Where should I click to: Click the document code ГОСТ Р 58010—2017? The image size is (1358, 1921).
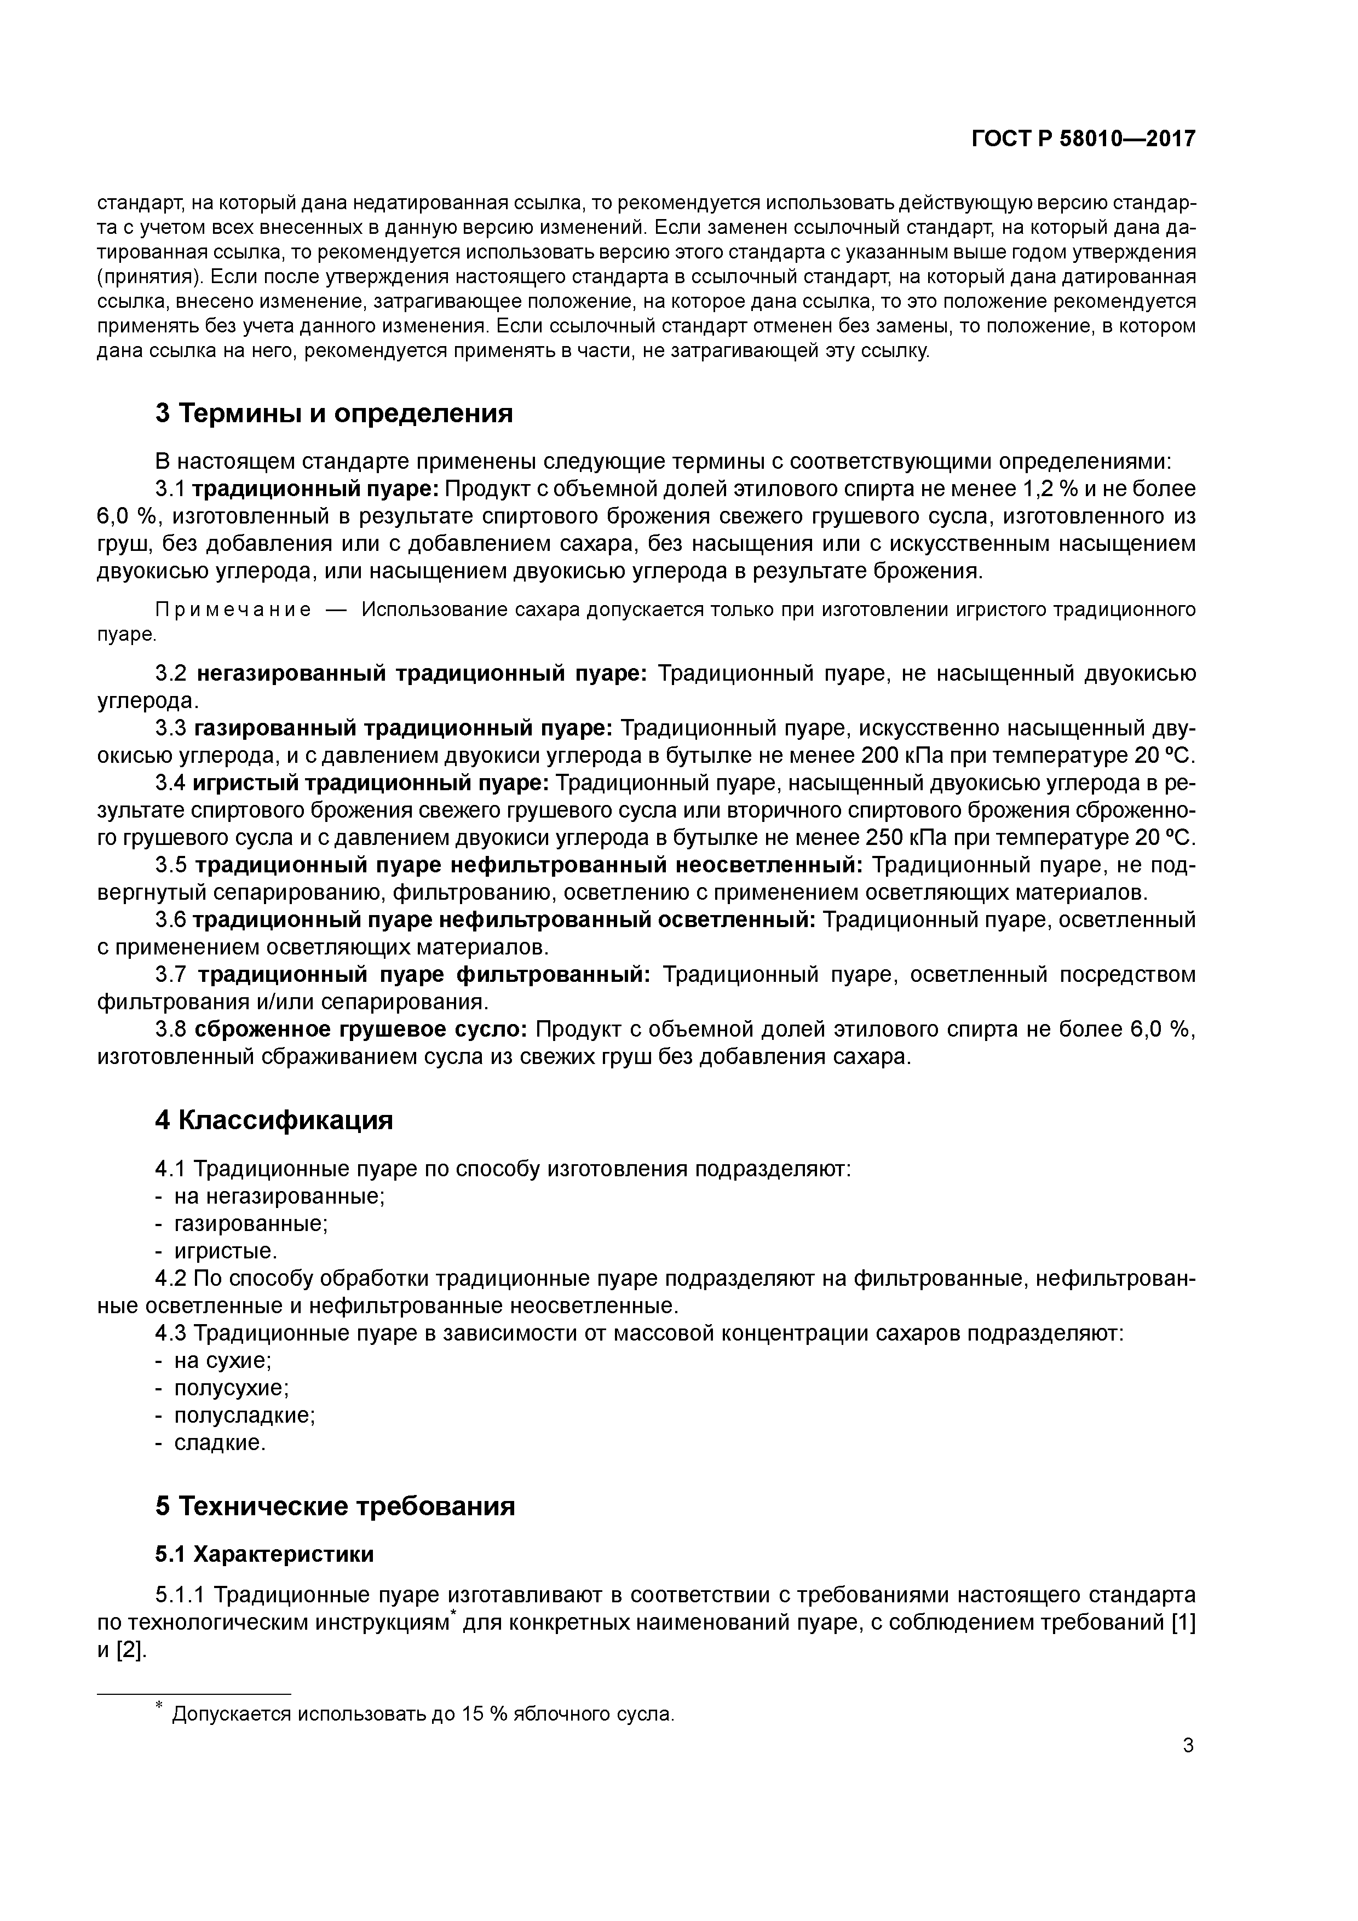(1084, 139)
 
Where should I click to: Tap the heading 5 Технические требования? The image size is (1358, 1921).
(335, 1506)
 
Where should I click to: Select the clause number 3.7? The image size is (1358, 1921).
(172, 975)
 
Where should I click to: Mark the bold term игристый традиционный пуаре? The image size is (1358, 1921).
(370, 783)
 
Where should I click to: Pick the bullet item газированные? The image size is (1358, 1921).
(251, 1224)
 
